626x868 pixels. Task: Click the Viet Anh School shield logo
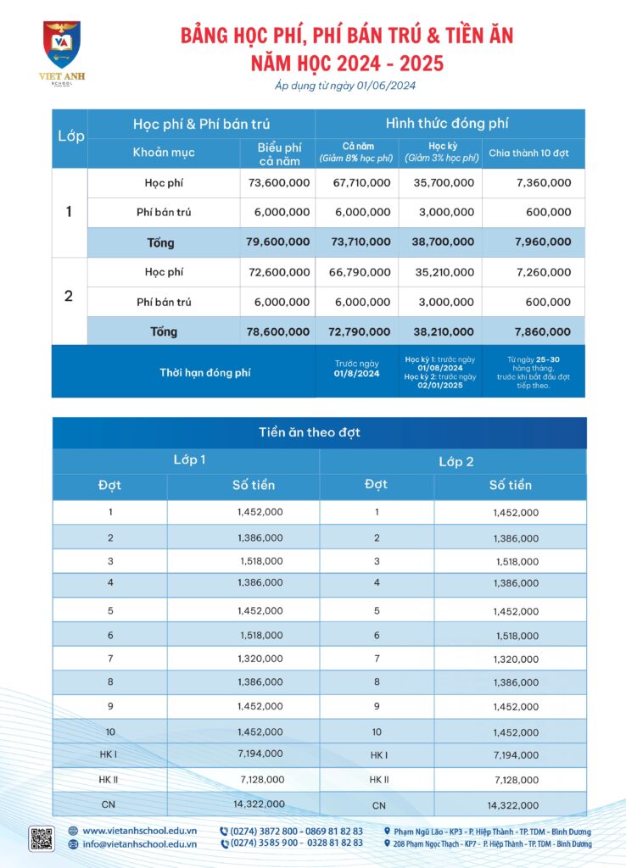(x=61, y=44)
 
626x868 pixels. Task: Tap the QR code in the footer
(x=42, y=837)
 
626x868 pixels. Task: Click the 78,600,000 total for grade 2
(x=278, y=331)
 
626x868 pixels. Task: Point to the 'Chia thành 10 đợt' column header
(x=534, y=153)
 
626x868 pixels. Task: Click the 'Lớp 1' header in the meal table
(x=189, y=460)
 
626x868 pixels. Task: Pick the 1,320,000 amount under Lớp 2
(x=516, y=659)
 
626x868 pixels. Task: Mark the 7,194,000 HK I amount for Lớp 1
(x=260, y=754)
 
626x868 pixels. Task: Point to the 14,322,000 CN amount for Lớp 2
(x=513, y=805)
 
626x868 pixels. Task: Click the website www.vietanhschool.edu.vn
(x=139, y=831)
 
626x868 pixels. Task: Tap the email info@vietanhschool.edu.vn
(x=139, y=843)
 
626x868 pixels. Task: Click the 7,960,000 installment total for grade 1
(x=543, y=242)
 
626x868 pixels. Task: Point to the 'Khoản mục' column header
(x=164, y=153)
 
